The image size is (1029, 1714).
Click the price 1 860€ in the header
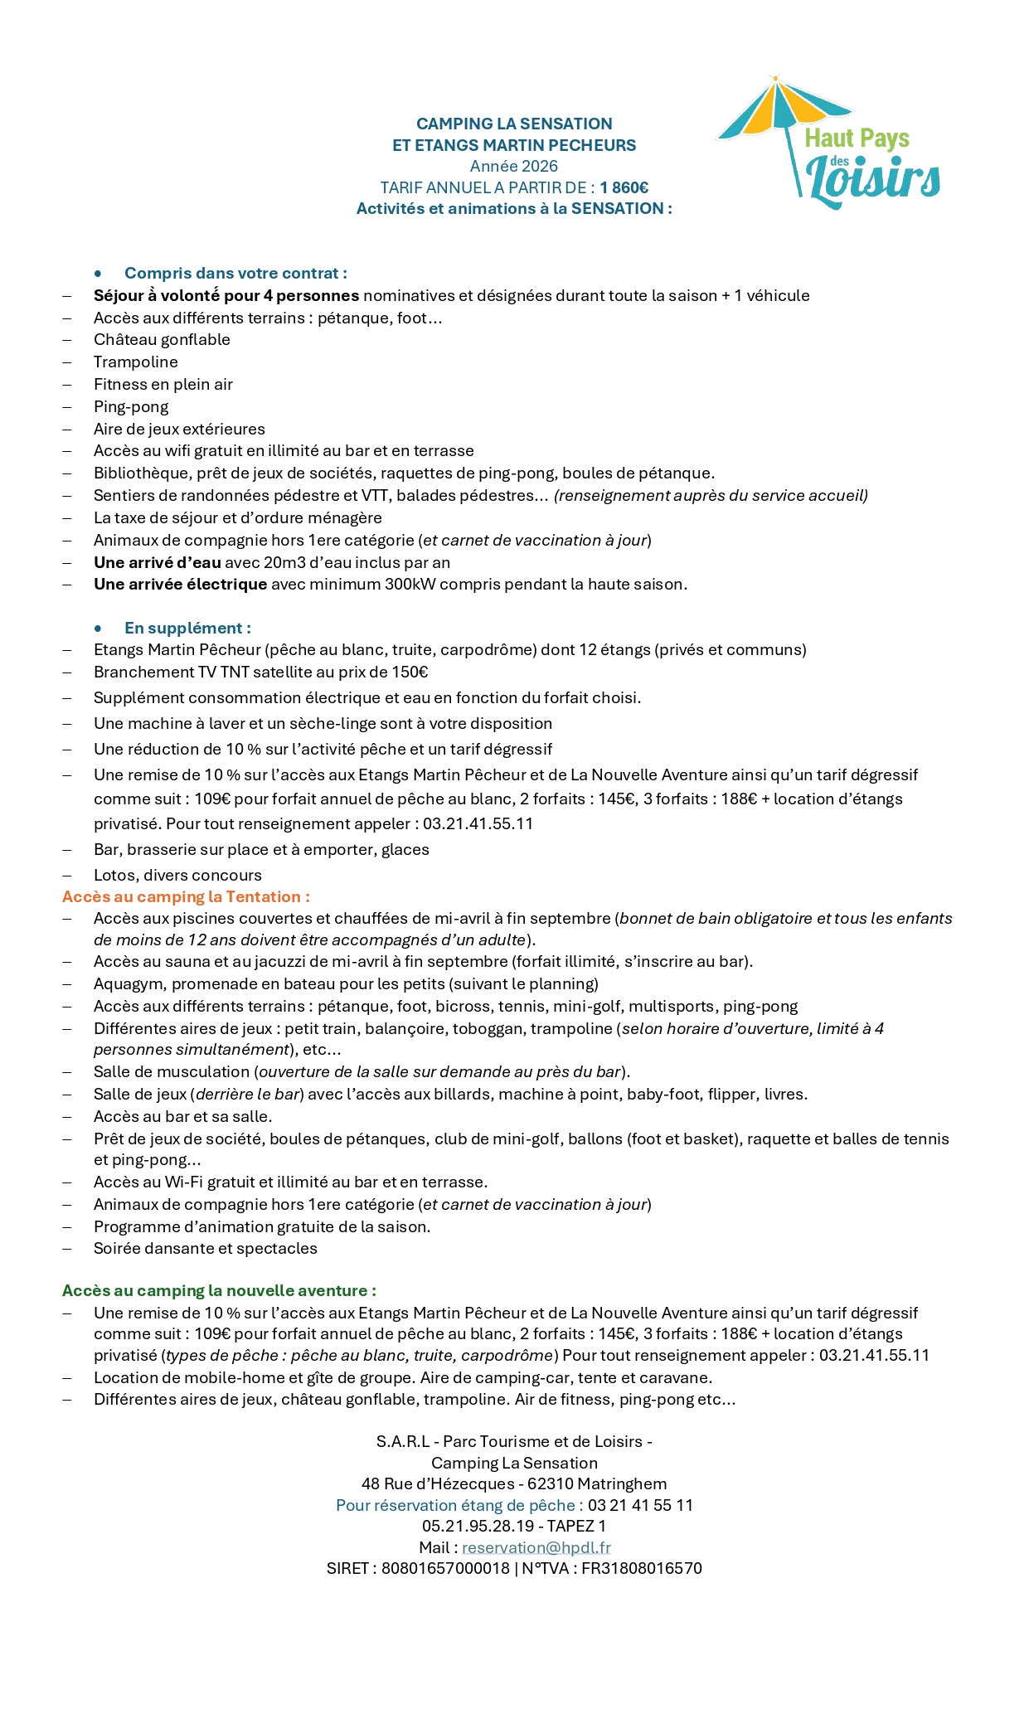tap(624, 187)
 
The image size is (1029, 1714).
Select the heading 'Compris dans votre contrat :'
tap(235, 273)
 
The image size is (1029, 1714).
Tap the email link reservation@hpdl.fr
tap(536, 1547)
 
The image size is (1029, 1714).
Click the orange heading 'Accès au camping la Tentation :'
tap(186, 896)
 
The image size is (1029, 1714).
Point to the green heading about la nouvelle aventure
tap(219, 1290)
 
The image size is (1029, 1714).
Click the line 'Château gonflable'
tap(162, 339)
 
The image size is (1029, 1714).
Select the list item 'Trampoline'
tap(135, 362)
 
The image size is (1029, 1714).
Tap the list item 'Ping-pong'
tap(131, 406)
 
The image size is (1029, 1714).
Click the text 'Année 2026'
tap(514, 166)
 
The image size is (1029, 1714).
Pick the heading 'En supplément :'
tap(187, 628)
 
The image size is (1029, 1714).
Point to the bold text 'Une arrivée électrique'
tap(180, 584)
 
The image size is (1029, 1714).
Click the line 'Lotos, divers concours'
tap(177, 875)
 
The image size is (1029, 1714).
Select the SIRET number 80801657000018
tap(445, 1568)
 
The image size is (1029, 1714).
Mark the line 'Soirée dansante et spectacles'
tap(205, 1248)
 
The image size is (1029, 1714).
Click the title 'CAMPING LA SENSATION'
tap(514, 124)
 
